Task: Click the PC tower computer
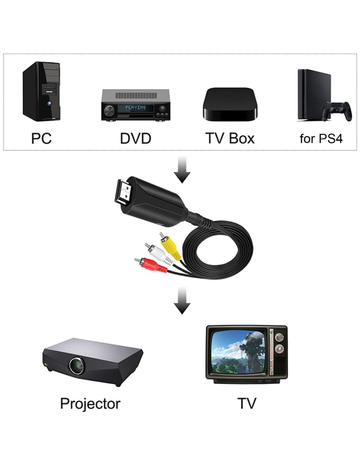click(x=41, y=91)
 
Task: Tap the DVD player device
click(x=135, y=105)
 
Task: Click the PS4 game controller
click(x=337, y=111)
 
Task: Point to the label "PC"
click(x=41, y=138)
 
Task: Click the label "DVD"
click(x=135, y=138)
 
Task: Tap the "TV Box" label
click(x=230, y=138)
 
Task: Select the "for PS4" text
click(x=321, y=139)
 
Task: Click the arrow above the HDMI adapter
click(x=182, y=169)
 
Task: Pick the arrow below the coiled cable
click(x=182, y=301)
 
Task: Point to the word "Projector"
click(x=90, y=404)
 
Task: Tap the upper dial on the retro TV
click(x=279, y=338)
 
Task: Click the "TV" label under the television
click(x=247, y=404)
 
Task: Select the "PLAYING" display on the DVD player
click(x=135, y=107)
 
